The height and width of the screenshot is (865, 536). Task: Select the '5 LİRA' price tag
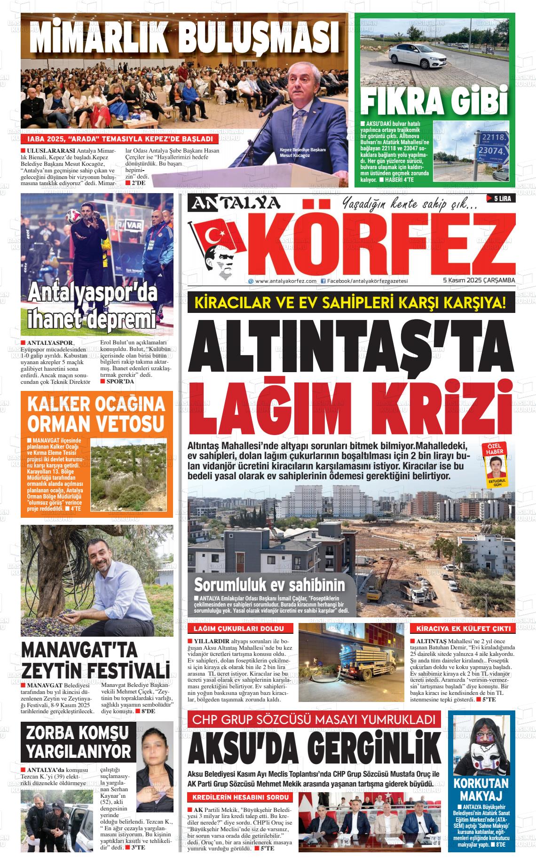(x=502, y=199)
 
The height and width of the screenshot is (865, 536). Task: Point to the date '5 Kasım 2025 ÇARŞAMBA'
(x=479, y=281)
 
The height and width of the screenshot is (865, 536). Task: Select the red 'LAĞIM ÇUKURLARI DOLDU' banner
(x=240, y=629)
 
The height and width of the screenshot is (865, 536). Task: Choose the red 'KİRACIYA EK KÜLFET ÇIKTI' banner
(x=462, y=629)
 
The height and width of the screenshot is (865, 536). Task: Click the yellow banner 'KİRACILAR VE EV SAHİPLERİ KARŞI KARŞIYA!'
(x=351, y=302)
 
